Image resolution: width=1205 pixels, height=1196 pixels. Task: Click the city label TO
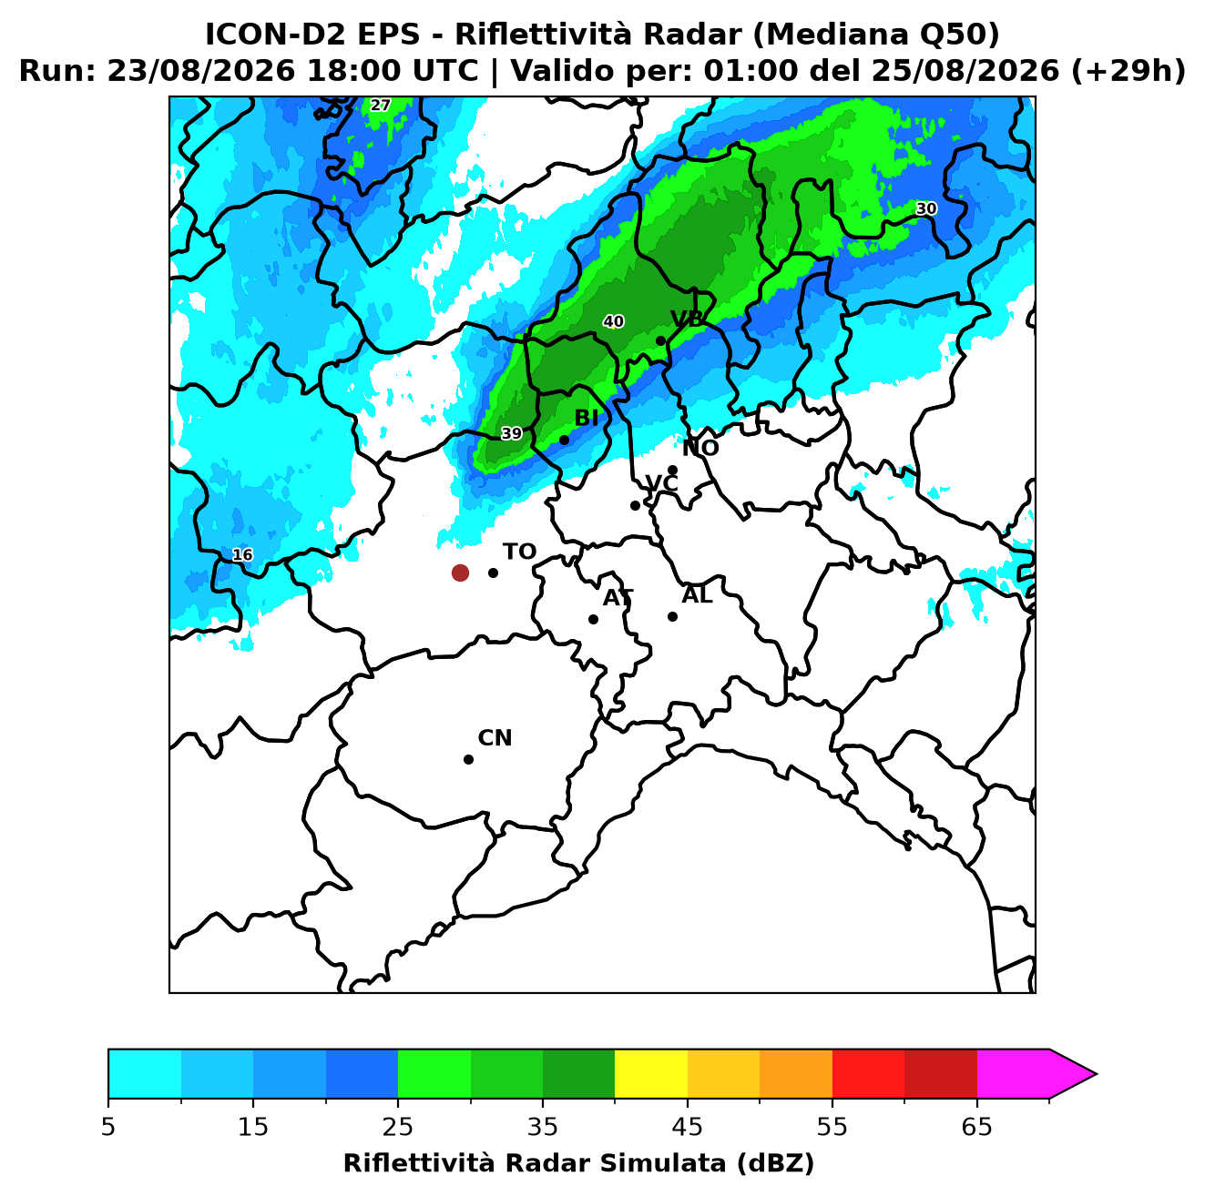[520, 552]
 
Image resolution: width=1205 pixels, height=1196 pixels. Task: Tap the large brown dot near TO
[460, 572]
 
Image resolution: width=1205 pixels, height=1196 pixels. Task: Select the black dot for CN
[468, 759]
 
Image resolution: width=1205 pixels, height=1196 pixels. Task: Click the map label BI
[586, 418]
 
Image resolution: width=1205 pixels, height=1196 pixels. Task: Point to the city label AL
[698, 594]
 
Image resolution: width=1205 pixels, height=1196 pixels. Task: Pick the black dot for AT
[594, 619]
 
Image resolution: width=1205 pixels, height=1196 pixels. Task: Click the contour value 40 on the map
[614, 321]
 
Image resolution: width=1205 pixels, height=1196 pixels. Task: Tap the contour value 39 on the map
[512, 433]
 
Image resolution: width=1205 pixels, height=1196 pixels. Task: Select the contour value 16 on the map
[242, 554]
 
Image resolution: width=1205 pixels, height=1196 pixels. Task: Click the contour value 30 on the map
[926, 208]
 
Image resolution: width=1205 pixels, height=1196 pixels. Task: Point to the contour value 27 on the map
[380, 105]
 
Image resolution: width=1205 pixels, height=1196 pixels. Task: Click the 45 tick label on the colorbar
[688, 1127]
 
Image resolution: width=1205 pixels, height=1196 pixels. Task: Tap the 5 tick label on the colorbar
[108, 1127]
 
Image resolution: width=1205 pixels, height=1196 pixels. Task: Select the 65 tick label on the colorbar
[976, 1127]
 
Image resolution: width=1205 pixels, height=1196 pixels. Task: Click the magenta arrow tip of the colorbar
[1096, 1075]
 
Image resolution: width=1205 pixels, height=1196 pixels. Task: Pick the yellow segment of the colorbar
[651, 1074]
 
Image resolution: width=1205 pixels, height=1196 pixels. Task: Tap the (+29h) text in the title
[1128, 71]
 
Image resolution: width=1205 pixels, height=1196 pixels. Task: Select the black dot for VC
[636, 505]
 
